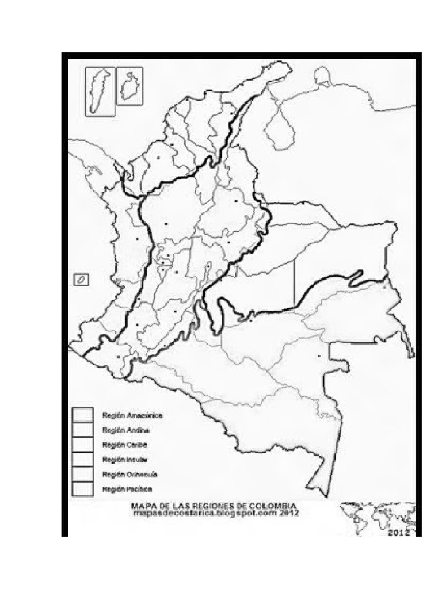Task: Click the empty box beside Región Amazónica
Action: click(x=82, y=415)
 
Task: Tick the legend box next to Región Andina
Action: click(x=82, y=430)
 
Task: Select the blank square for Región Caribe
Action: click(x=82, y=445)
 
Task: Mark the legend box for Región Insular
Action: click(x=82, y=459)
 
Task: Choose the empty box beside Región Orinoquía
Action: click(x=82, y=474)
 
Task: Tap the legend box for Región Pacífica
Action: click(x=82, y=489)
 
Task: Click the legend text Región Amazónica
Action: click(x=132, y=415)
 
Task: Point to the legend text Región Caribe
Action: click(x=124, y=445)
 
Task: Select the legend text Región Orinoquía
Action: click(x=127, y=475)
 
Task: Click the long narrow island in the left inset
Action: click(x=100, y=91)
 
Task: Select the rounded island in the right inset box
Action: click(x=130, y=86)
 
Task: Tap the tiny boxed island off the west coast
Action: click(x=82, y=280)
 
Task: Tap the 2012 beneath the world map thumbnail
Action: click(x=398, y=533)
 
